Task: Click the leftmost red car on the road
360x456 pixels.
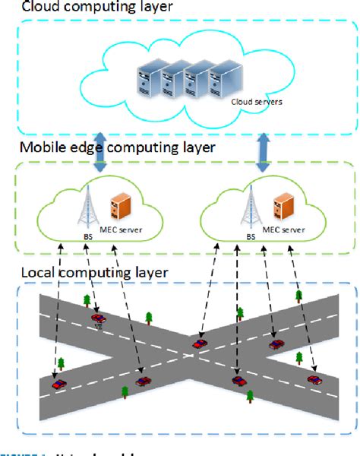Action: (58, 385)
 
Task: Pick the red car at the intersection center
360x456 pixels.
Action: (198, 344)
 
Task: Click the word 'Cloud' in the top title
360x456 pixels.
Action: (22, 7)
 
